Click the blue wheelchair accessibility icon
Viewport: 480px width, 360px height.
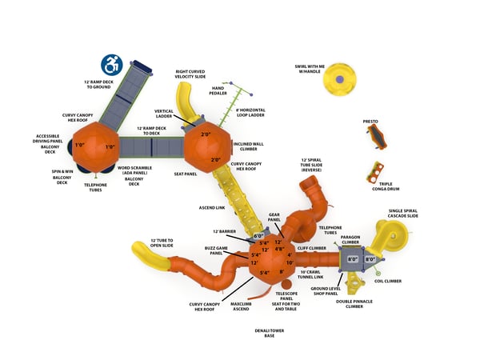(111, 63)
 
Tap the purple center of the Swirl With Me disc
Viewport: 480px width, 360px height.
(340, 80)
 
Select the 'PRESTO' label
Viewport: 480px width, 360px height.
(370, 122)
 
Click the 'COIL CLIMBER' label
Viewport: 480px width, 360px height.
(387, 281)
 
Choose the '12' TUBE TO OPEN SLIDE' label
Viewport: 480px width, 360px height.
(168, 243)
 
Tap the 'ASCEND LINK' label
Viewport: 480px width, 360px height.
(212, 207)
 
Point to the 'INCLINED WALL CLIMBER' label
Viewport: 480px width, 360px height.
(246, 146)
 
